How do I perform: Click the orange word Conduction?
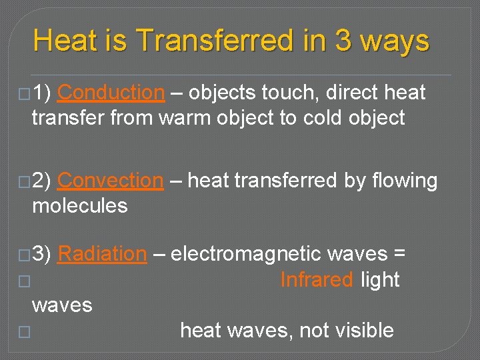111,93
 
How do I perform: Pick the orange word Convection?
110,181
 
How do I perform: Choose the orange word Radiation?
102,254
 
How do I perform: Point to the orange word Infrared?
316,280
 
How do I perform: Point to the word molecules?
79,206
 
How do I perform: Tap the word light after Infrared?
379,280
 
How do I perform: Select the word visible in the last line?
365,330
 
